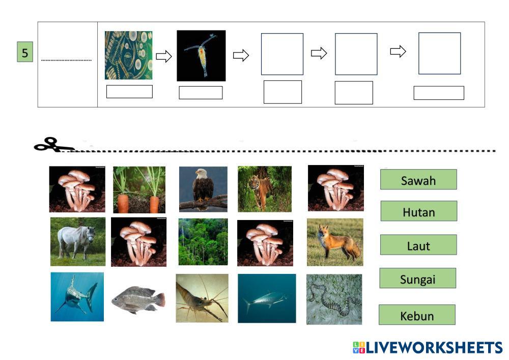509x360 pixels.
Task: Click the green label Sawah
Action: [x=418, y=180]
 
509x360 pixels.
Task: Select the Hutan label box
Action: [x=418, y=211]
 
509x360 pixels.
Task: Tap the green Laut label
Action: [x=418, y=245]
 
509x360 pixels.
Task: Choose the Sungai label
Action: [x=418, y=279]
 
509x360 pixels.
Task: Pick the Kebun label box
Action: [x=417, y=315]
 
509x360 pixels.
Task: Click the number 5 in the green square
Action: [x=25, y=53]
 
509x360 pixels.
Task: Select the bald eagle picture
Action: [x=203, y=189]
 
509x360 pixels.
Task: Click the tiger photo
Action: [x=264, y=189]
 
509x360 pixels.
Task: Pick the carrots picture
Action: [x=139, y=189]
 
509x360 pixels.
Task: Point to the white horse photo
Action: [x=78, y=242]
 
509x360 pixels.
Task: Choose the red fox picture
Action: [x=335, y=242]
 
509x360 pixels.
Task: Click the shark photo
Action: [x=77, y=297]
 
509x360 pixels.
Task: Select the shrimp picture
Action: [x=202, y=298]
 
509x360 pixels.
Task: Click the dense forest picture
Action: [x=203, y=242]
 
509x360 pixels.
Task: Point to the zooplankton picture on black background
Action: [x=201, y=56]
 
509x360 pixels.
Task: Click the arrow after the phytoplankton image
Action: [x=163, y=56]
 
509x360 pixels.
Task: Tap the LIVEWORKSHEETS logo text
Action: [x=428, y=348]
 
